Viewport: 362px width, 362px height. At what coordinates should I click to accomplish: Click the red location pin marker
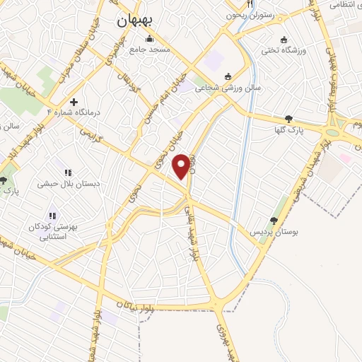pyautogui.click(x=182, y=166)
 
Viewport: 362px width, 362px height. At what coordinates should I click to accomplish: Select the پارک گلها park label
pyautogui.click(x=289, y=130)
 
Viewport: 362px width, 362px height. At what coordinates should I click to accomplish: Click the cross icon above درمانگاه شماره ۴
pyautogui.click(x=74, y=102)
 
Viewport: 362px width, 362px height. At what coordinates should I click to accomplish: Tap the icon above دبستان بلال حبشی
pyautogui.click(x=68, y=172)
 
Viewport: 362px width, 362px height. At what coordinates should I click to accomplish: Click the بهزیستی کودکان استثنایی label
pyautogui.click(x=52, y=231)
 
